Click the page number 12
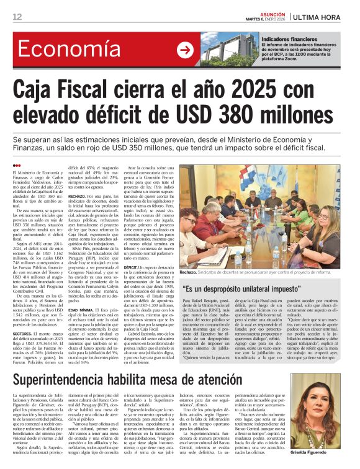click(x=18, y=16)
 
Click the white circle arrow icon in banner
click(x=185, y=50)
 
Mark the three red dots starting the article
click(x=17, y=164)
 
